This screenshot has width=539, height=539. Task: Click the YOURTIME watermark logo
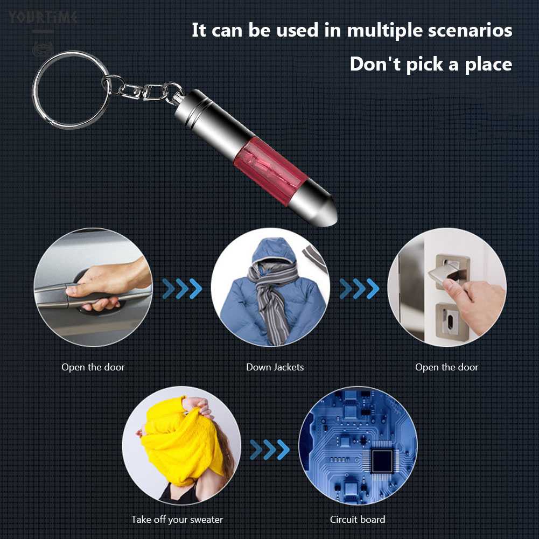[x=43, y=18]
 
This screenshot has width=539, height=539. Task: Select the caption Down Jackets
[x=275, y=367]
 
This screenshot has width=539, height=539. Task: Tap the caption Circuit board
[x=358, y=520]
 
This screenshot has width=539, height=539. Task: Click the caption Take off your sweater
[x=177, y=520]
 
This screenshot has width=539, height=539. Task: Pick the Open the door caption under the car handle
[x=93, y=367]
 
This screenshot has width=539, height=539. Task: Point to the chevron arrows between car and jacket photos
[x=182, y=289]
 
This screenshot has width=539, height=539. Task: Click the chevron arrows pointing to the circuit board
[x=269, y=450]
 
